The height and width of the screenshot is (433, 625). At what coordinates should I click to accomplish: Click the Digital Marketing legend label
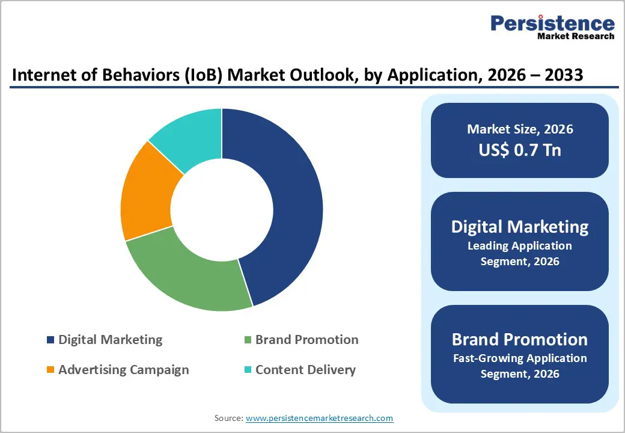(110, 340)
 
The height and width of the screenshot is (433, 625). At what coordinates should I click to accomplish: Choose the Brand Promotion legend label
(306, 340)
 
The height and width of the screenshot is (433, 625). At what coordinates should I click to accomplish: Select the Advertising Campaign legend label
(123, 370)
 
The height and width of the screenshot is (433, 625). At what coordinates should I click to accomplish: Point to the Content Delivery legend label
(305, 370)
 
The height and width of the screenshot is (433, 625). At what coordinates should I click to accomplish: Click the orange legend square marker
(50, 370)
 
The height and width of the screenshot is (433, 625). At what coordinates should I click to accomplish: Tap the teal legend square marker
(248, 370)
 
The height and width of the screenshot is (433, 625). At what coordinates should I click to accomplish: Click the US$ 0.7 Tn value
(520, 150)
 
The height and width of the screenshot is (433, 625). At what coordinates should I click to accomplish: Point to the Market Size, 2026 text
(520, 129)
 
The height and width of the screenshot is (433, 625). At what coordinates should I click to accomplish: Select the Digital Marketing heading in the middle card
(520, 227)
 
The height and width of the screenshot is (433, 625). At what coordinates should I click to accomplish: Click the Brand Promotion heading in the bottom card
(520, 339)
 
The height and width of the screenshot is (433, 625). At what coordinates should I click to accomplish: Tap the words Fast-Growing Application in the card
(520, 358)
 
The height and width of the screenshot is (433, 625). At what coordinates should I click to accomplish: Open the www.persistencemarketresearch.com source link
(319, 418)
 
